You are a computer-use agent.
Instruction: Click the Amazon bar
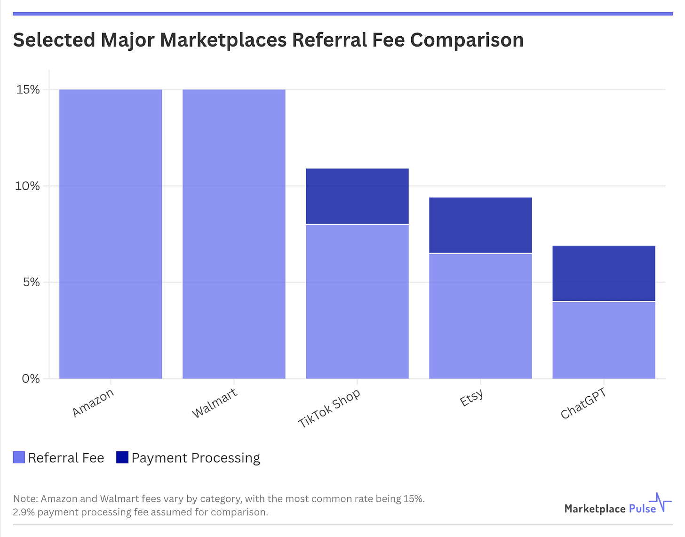coord(111,234)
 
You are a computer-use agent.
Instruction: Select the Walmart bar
coord(234,234)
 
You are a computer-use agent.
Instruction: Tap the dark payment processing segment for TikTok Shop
coord(357,196)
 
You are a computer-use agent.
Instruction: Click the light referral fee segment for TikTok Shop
coord(357,302)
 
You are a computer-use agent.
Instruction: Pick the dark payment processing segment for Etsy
coord(480,225)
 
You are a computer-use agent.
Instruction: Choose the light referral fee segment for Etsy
coord(480,316)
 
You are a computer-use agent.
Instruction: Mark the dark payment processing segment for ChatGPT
coord(604,273)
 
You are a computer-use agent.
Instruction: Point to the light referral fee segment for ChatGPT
coord(604,340)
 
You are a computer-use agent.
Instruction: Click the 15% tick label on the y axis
coord(28,89)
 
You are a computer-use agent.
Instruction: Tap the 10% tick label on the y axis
coord(28,186)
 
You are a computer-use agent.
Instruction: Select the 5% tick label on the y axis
coord(31,282)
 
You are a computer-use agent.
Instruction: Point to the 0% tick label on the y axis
coord(31,378)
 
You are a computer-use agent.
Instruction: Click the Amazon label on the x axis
coord(93,403)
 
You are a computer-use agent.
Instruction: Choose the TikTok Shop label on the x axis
coord(329,408)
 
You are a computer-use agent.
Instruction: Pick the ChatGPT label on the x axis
coord(583,404)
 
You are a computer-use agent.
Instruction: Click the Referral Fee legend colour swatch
coord(19,457)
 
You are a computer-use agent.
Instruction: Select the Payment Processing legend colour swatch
coord(122,457)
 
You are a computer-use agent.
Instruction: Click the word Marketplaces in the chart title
coord(223,40)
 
